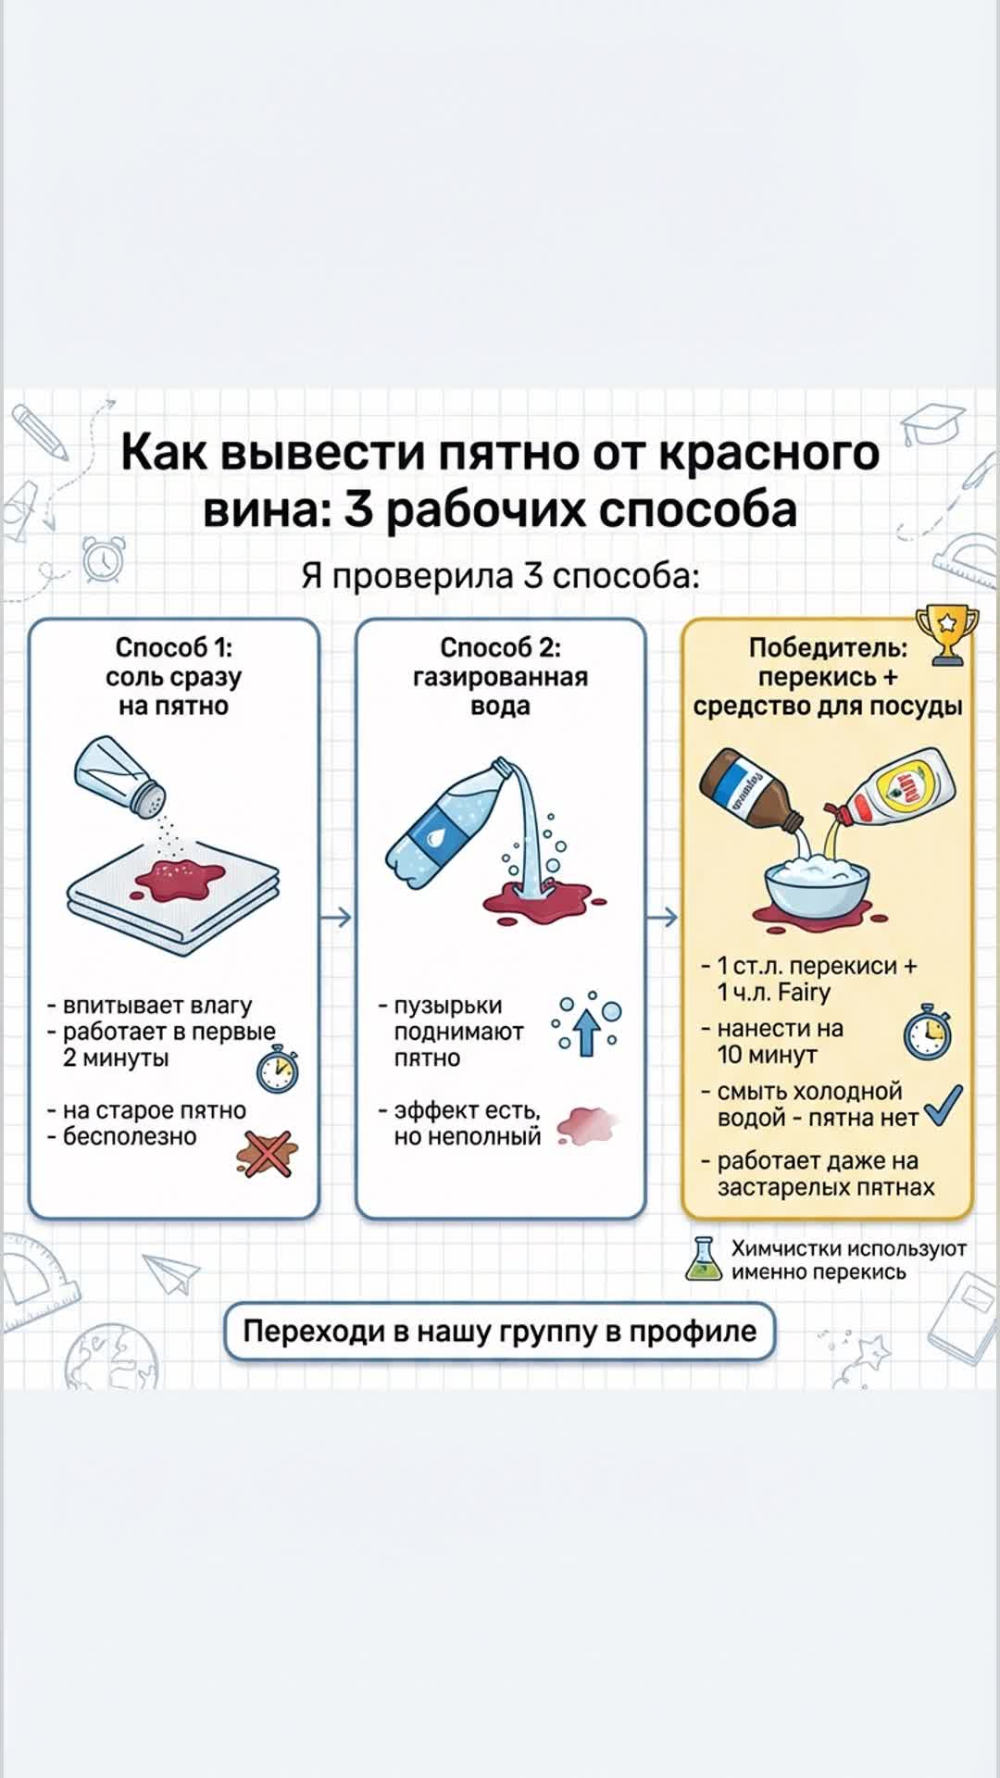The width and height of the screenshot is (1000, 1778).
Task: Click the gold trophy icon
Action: (x=945, y=634)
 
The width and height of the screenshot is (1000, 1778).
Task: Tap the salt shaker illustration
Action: (x=119, y=776)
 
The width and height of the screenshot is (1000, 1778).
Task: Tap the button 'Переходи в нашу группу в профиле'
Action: (x=499, y=1332)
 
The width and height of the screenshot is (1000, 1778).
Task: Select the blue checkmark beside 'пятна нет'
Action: (x=944, y=1105)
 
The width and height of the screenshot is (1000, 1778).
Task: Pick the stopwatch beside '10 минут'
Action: (x=927, y=1033)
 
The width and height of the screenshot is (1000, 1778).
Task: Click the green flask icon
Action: (x=704, y=1259)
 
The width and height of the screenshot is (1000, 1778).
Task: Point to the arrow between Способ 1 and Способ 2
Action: (x=337, y=918)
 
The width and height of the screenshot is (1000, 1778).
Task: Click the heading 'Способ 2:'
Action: (x=500, y=647)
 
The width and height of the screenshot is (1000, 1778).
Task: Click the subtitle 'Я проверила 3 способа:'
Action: (x=500, y=576)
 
